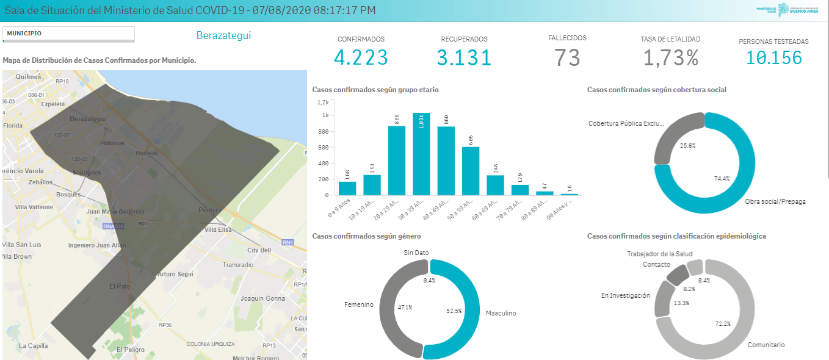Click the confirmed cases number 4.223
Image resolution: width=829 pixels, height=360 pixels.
(361, 57)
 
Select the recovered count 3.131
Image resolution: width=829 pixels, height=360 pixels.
(464, 57)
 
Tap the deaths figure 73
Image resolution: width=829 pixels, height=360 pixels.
(567, 57)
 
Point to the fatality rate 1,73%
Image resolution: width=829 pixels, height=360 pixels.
(670, 57)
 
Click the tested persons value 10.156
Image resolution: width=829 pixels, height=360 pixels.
(773, 58)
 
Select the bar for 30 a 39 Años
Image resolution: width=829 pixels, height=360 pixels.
(421, 154)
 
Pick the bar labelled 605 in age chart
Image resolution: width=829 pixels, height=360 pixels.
(471, 171)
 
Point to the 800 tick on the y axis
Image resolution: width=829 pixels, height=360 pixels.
(323, 131)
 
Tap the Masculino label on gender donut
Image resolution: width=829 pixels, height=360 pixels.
(501, 313)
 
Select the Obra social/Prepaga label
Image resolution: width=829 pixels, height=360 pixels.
(775, 201)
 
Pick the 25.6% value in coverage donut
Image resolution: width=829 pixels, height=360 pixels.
(687, 146)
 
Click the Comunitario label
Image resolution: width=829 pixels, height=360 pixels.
(766, 345)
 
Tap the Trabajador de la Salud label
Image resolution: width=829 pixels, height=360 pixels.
(660, 254)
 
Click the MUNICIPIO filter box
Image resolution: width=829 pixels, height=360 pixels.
(68, 34)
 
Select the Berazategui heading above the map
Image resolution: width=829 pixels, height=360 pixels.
(223, 35)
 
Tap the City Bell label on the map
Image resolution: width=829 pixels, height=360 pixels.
(259, 250)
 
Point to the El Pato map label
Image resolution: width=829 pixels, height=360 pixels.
(120, 286)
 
